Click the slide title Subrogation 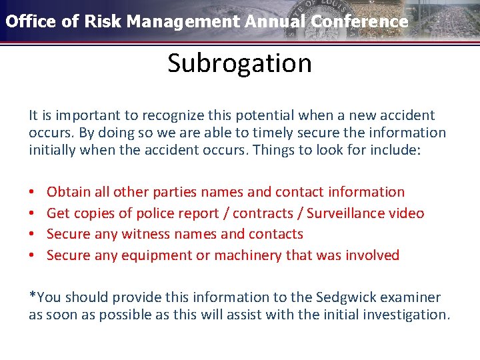click(x=239, y=63)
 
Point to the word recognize click(x=161, y=115)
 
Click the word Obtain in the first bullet click(x=69, y=192)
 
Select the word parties click(x=175, y=192)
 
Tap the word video click(x=407, y=213)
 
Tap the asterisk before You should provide click(x=31, y=296)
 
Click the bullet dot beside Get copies click(x=33, y=213)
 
